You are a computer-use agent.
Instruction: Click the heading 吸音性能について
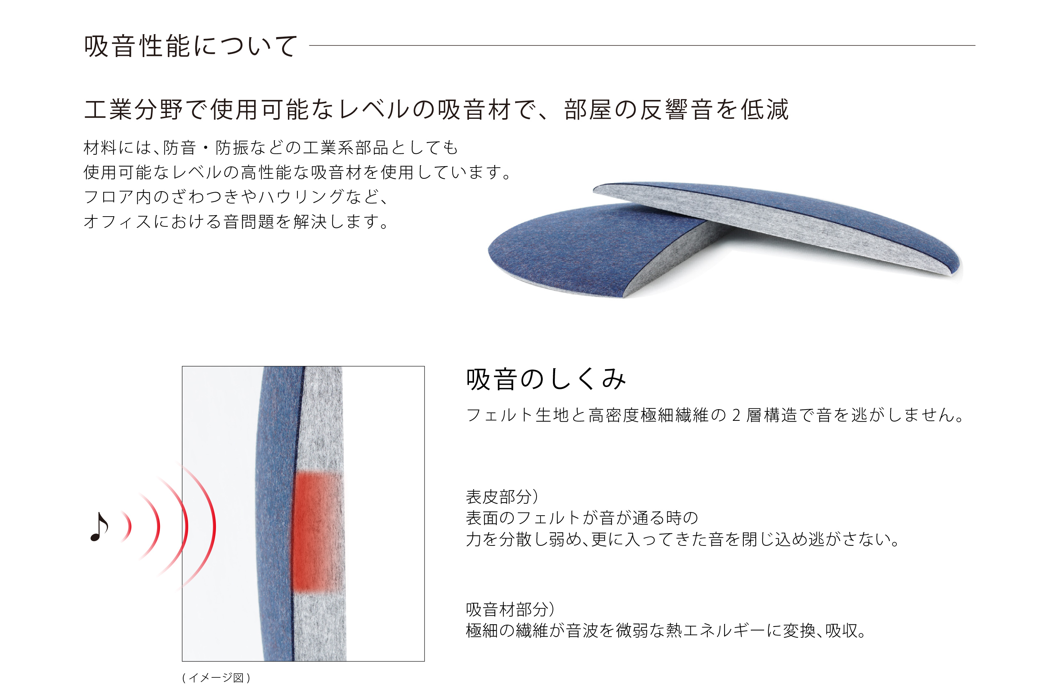pyautogui.click(x=190, y=46)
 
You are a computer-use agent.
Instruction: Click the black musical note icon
pyautogui.click(x=99, y=527)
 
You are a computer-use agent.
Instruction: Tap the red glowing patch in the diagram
pyautogui.click(x=317, y=532)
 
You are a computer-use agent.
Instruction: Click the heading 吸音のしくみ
pyautogui.click(x=546, y=379)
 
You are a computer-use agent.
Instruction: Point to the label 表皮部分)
pyautogui.click(x=502, y=496)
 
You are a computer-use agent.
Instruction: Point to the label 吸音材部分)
pyautogui.click(x=510, y=609)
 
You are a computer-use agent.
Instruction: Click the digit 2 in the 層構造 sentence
pyautogui.click(x=736, y=415)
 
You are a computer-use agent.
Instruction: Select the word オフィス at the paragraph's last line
pyautogui.click(x=118, y=221)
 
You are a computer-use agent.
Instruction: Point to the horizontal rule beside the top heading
pyautogui.click(x=642, y=45)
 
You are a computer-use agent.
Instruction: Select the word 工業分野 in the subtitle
pyautogui.click(x=133, y=109)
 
